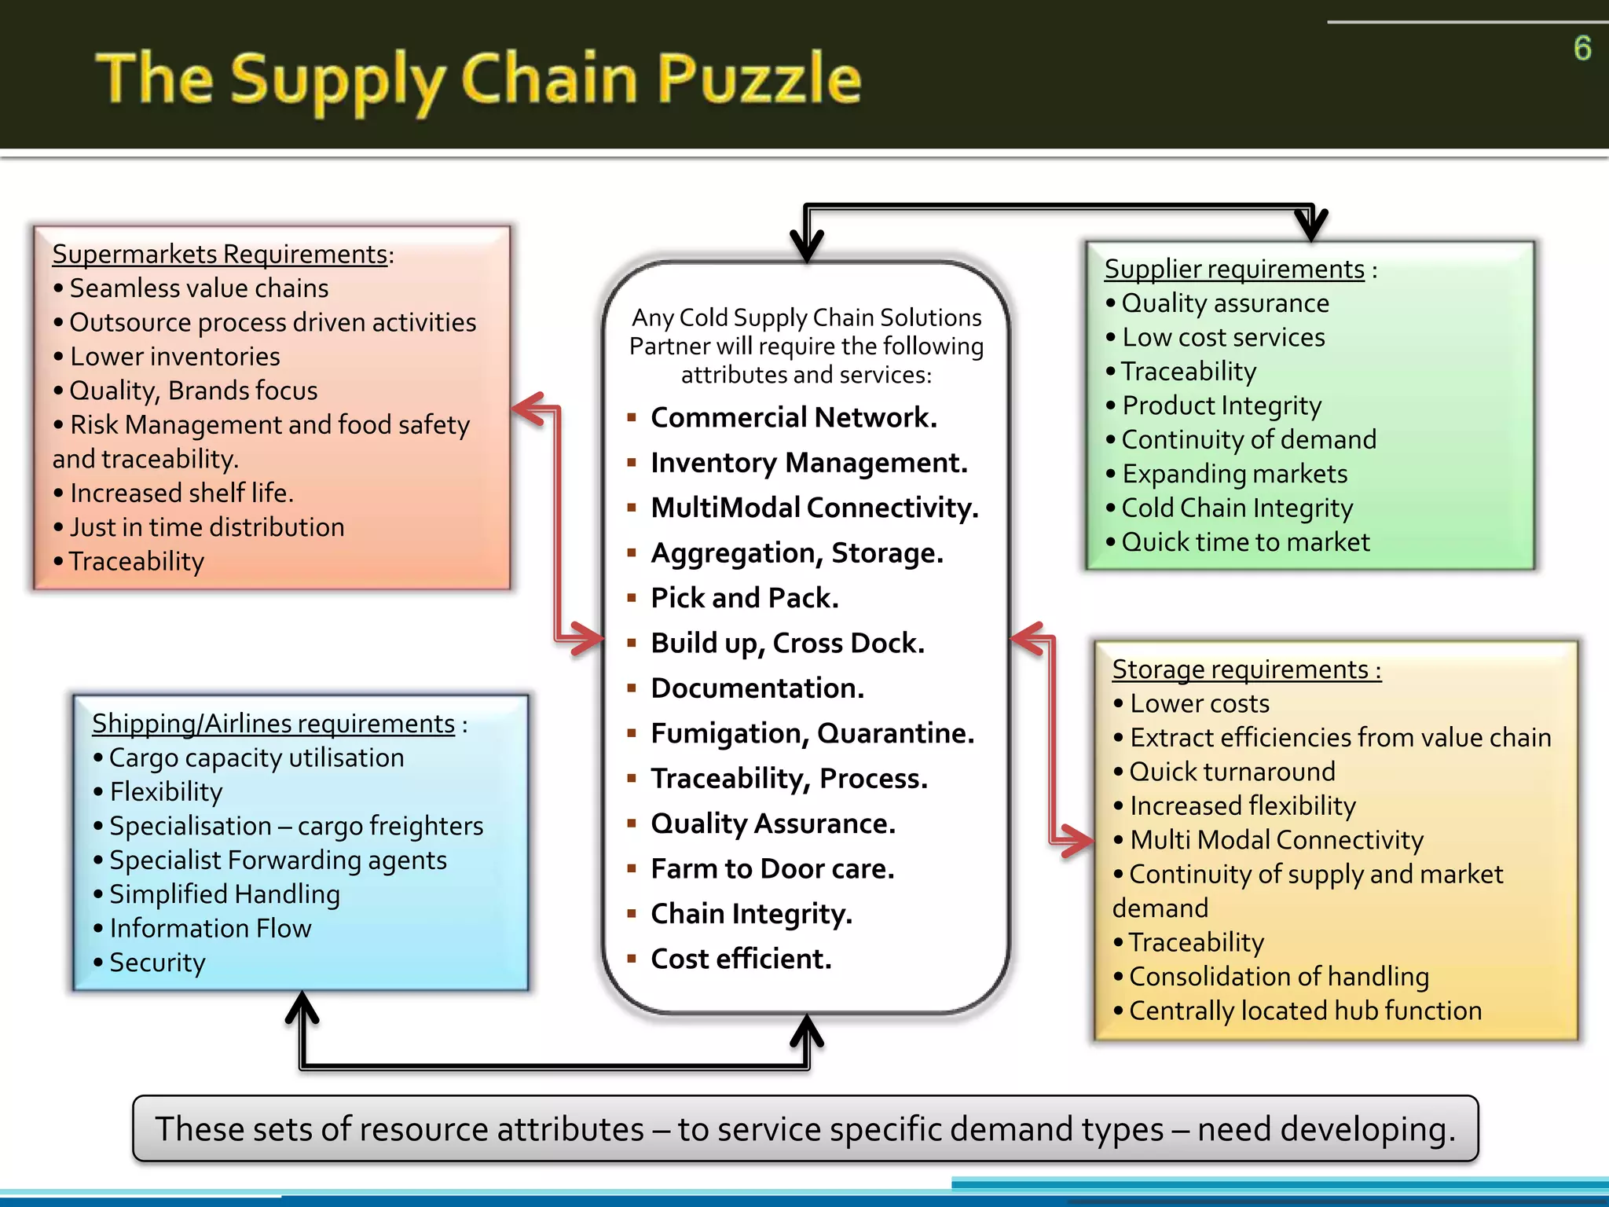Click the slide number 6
pyautogui.click(x=1582, y=49)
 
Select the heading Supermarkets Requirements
pyautogui.click(x=220, y=254)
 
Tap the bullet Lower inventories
pyautogui.click(x=174, y=357)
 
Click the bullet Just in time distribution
pyautogui.click(x=207, y=527)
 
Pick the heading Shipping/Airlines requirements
pyautogui.click(x=273, y=723)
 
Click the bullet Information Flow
pyautogui.click(x=210, y=928)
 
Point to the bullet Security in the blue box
pyautogui.click(x=157, y=963)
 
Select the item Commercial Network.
pyautogui.click(x=794, y=417)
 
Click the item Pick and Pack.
pyautogui.click(x=744, y=598)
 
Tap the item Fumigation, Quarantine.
pyautogui.click(x=812, y=733)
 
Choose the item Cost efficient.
pyautogui.click(x=740, y=959)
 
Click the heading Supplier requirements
pyautogui.click(x=1234, y=269)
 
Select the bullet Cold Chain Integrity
pyautogui.click(x=1237, y=508)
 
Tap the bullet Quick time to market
pyautogui.click(x=1245, y=542)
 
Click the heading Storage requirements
pyautogui.click(x=1246, y=670)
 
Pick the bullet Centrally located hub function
pyautogui.click(x=1305, y=1011)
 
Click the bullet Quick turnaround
pyautogui.click(x=1232, y=772)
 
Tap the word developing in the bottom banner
pyautogui.click(x=1367, y=1129)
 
